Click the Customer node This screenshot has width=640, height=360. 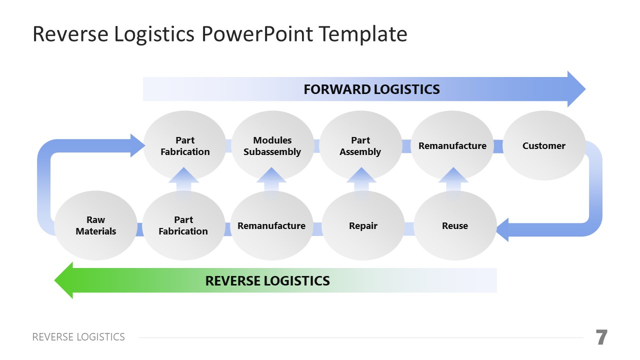(543, 145)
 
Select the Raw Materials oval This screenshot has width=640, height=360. (95, 225)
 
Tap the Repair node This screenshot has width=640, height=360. (363, 225)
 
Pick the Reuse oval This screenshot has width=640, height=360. (455, 225)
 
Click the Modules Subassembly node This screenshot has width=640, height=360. (272, 145)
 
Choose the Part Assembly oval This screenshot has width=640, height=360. (360, 145)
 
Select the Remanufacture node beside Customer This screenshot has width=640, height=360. (452, 145)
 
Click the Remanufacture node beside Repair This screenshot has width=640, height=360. (271, 225)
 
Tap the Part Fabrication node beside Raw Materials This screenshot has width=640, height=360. (183, 225)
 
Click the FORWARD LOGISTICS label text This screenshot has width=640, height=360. (371, 89)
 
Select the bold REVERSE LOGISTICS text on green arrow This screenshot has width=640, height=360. (267, 280)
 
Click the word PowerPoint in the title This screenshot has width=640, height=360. (257, 34)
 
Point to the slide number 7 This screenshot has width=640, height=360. (601, 337)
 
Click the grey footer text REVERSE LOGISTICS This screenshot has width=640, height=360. (78, 337)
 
